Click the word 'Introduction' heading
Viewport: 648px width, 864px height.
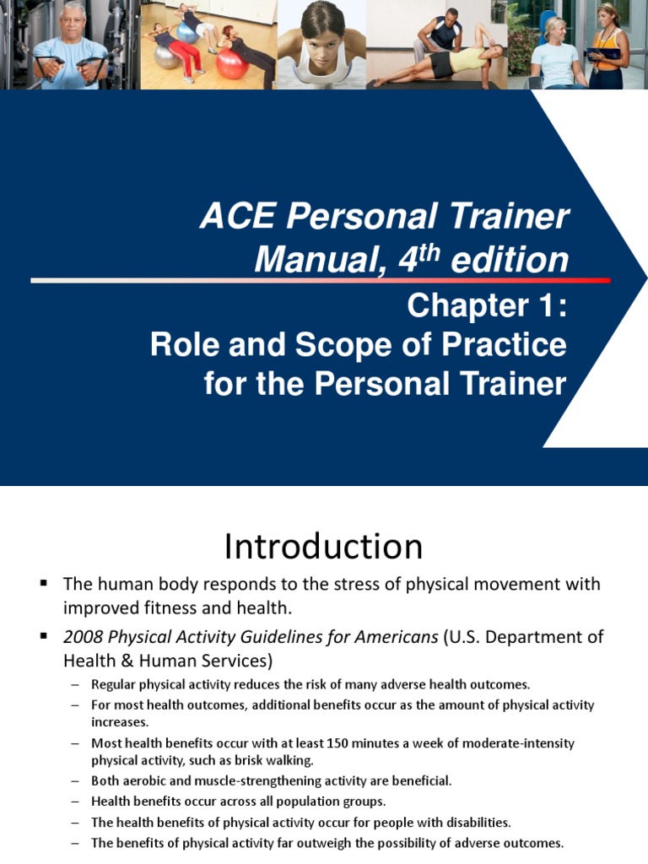point(323,547)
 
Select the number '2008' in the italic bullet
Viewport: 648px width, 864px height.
point(84,636)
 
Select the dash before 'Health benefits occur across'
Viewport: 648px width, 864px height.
point(75,801)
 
